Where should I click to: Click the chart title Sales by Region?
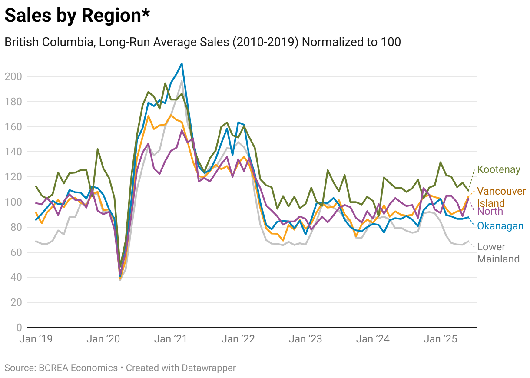point(77,16)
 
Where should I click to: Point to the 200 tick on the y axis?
point(13,76)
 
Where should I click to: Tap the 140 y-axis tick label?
point(13,152)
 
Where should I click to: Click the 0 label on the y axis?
point(19,327)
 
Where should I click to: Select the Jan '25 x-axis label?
point(440,339)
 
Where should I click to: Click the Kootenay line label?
point(498,170)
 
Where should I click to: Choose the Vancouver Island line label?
point(501,197)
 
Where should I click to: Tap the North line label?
point(490,212)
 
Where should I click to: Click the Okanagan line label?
point(500,226)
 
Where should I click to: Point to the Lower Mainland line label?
point(498,253)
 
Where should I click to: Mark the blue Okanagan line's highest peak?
point(182,63)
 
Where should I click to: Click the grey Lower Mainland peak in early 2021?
point(182,81)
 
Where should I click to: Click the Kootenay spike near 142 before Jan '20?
point(98,149)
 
